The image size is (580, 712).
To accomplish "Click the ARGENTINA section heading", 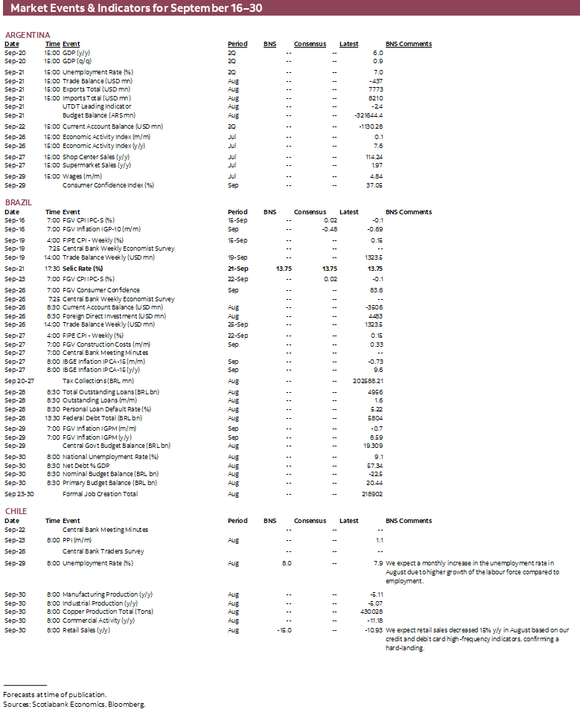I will [28, 35].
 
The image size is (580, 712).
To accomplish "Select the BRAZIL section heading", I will [19, 202].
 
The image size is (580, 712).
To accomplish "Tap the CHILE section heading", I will [16, 511].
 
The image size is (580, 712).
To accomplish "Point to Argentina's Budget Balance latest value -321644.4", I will [369, 115].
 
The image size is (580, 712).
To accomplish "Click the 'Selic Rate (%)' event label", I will [83, 268].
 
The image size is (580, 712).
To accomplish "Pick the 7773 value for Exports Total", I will [375, 89].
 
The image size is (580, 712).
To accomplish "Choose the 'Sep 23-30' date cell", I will [19, 493].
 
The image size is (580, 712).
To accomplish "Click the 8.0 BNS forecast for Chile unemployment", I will [287, 563].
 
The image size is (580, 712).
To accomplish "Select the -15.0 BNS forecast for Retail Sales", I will [284, 630].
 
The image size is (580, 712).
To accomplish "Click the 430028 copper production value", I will [370, 612].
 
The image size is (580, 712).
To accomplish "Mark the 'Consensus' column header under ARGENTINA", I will [310, 44].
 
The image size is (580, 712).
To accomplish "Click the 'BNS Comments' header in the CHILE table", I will [408, 521].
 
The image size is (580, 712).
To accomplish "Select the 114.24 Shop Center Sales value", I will [373, 157].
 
